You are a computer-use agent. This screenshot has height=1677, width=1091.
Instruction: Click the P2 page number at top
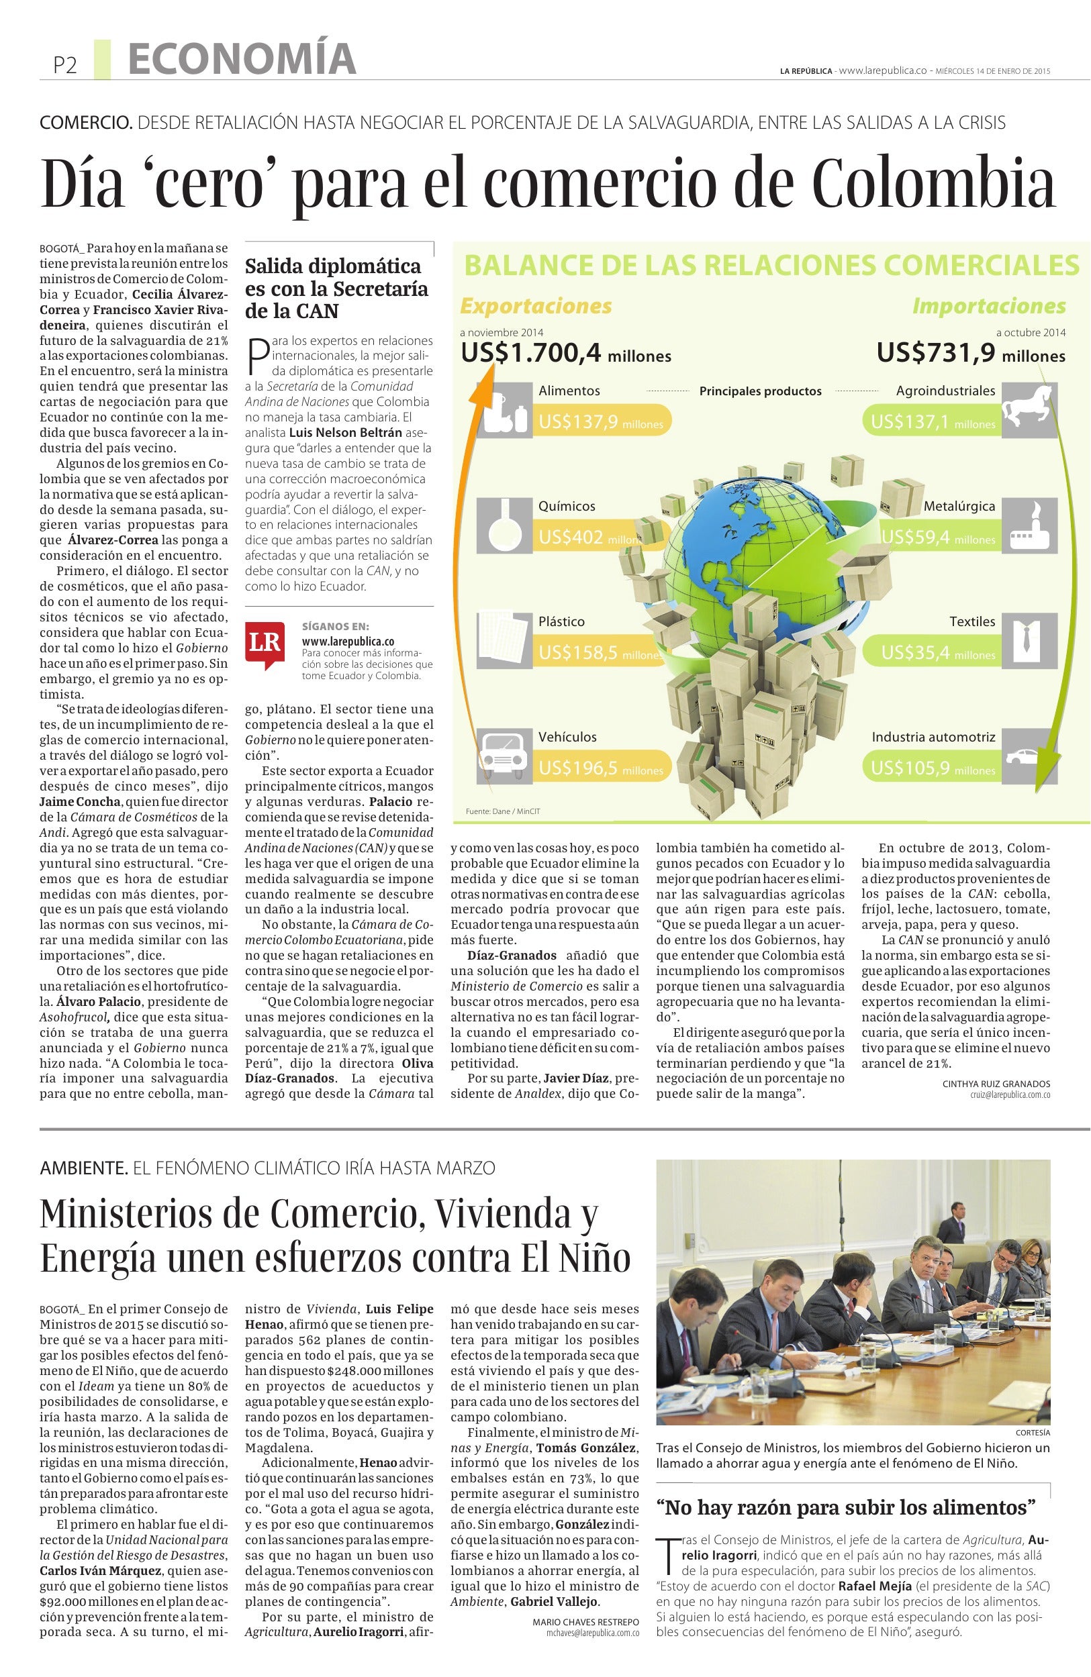[65, 66]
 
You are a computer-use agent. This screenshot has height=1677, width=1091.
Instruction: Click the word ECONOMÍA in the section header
[242, 59]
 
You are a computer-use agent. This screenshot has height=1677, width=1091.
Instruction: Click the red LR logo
[265, 642]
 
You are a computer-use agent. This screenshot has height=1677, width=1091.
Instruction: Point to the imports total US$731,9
[937, 352]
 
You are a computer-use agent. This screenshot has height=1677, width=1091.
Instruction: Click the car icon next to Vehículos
[505, 755]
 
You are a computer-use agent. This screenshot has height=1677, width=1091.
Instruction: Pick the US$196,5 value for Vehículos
[578, 767]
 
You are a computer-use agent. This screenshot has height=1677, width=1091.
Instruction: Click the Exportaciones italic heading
[536, 306]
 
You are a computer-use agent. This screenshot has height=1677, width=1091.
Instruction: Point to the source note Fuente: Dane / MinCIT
[504, 811]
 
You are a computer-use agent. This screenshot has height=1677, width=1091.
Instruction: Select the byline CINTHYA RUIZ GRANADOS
[996, 1084]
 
